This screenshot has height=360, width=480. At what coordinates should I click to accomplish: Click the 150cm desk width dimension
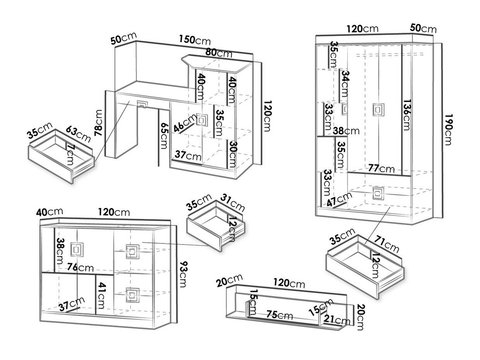click(195, 39)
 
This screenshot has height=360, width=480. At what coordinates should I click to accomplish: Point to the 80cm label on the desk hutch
click(219, 53)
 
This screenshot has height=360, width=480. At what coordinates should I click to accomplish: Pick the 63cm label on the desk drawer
click(77, 134)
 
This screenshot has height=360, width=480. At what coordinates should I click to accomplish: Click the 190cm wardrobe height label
click(448, 129)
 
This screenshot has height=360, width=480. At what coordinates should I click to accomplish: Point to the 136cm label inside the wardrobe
click(406, 115)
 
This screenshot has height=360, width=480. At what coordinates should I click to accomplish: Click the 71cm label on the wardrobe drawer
click(386, 246)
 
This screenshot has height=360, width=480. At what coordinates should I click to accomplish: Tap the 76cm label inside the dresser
click(80, 267)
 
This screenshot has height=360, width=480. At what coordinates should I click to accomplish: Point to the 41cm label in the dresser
click(101, 297)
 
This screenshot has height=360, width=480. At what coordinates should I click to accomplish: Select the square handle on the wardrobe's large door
click(377, 110)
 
